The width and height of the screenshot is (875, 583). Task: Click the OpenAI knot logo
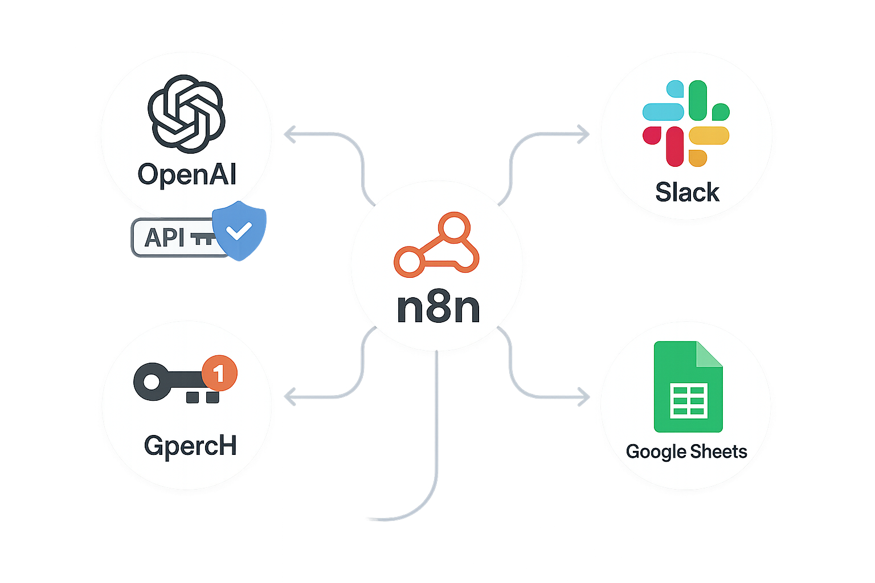(x=186, y=113)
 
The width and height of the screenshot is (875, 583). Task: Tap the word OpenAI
(x=187, y=174)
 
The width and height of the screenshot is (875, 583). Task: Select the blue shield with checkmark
(x=239, y=230)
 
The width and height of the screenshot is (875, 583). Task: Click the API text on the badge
(x=165, y=237)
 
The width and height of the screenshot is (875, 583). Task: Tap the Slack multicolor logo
(x=686, y=124)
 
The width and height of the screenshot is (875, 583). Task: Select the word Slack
(x=687, y=192)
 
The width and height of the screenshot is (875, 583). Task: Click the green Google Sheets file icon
(x=688, y=387)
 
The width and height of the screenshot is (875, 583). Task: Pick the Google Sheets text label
(x=686, y=451)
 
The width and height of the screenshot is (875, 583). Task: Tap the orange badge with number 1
(x=219, y=373)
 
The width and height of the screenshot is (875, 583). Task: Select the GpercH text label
(x=190, y=446)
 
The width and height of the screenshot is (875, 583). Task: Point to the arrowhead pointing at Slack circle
(x=586, y=134)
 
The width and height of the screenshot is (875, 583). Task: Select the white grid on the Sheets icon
(x=690, y=400)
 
